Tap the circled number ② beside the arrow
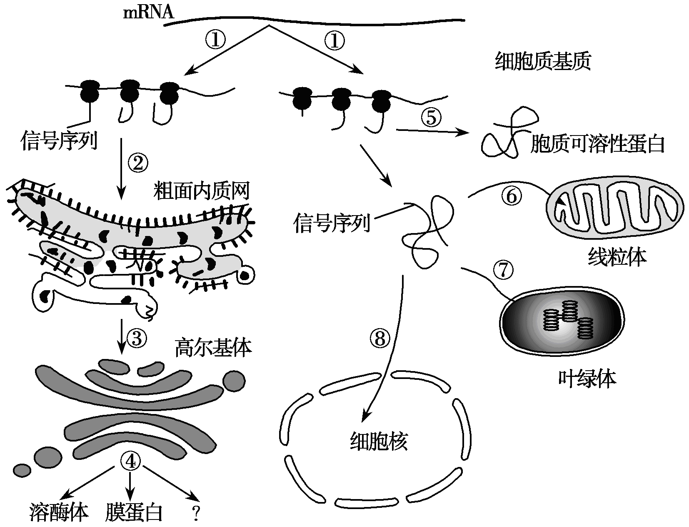tap(137, 163)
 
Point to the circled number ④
tap(130, 461)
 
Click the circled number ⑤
tap(432, 118)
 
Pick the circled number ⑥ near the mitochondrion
tap(512, 196)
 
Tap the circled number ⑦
tap(503, 270)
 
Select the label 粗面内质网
tap(202, 191)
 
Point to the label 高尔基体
tap(213, 348)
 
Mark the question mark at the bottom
tap(195, 514)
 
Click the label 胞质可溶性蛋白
tap(597, 144)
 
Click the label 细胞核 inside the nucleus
tap(378, 441)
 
